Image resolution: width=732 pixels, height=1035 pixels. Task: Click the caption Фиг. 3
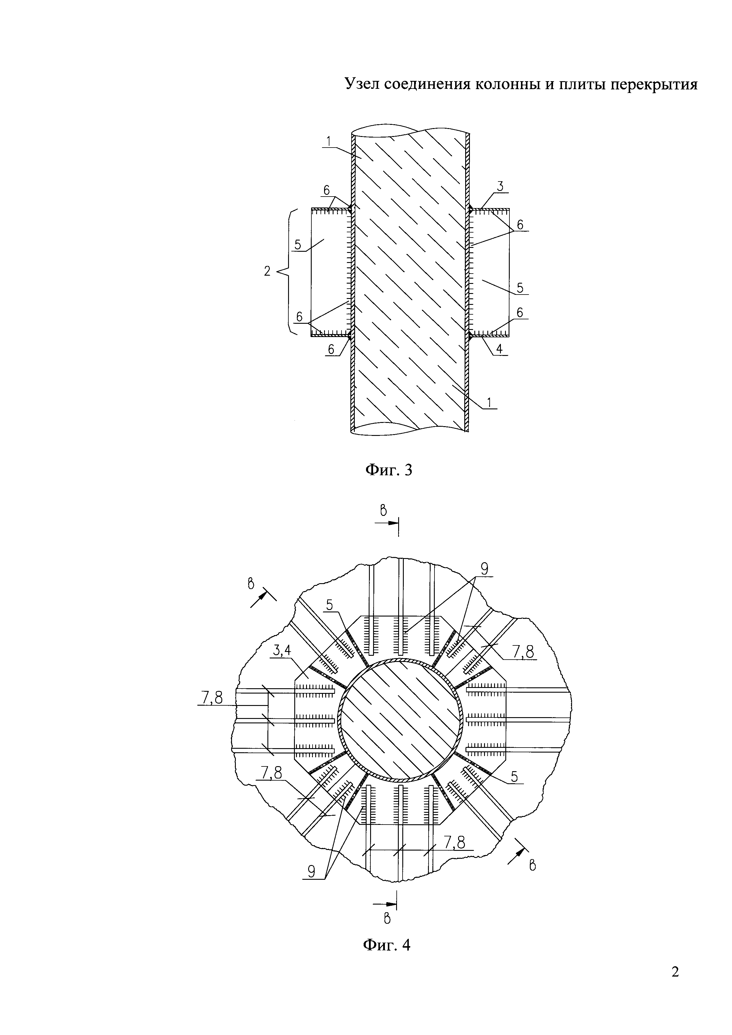pyautogui.click(x=388, y=470)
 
